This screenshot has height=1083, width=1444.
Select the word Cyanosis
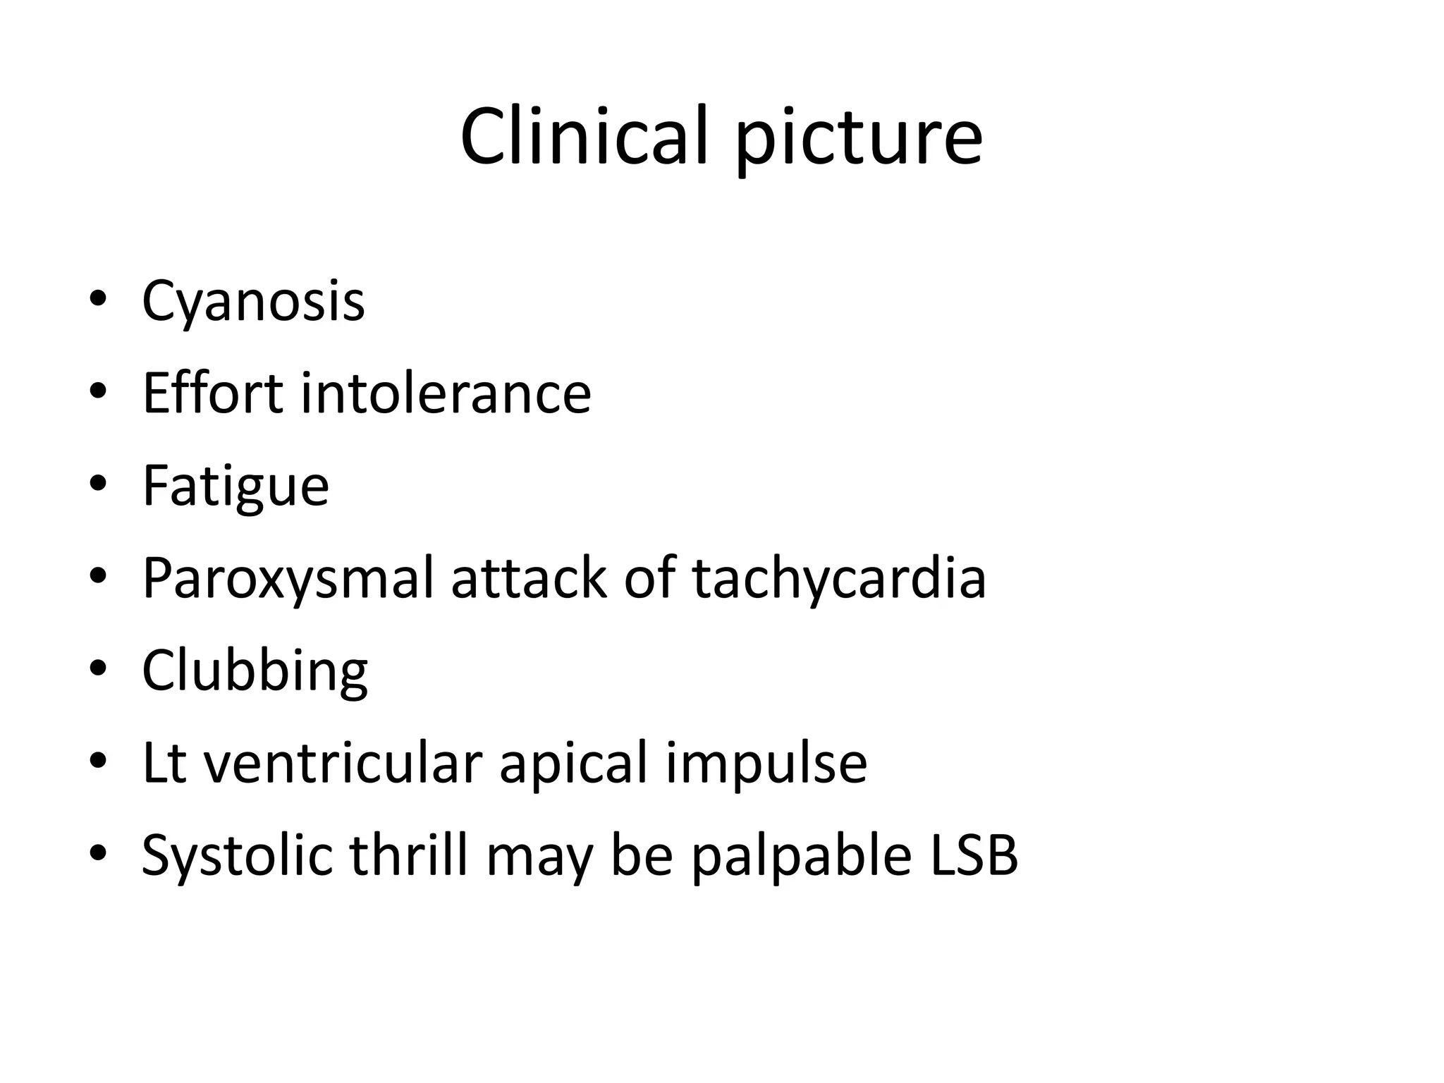pos(253,301)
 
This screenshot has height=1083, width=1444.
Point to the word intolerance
pos(446,393)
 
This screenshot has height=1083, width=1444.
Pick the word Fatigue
pos(235,486)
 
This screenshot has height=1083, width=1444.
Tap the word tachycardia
pos(839,578)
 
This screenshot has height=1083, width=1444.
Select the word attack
pos(529,578)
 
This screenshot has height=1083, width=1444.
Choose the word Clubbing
pos(255,671)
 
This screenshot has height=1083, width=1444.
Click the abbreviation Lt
pos(164,763)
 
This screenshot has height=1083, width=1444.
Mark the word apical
pos(573,763)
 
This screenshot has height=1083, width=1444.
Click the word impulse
pos(766,763)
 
